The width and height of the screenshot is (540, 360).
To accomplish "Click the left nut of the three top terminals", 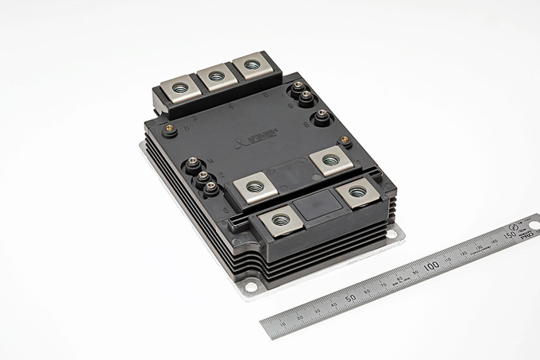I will coord(179,87).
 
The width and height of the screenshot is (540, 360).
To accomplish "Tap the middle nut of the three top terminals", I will coord(215,77).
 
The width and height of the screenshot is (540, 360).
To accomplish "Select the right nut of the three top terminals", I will coord(251,65).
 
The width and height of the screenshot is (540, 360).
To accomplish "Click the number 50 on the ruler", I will coord(350,298).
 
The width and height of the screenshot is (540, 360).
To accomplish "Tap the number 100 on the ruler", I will coord(431,265).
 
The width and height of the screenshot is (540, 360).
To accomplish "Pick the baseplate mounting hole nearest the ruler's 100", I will coord(395,233).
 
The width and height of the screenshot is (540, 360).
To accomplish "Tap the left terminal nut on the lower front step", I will coord(280,220).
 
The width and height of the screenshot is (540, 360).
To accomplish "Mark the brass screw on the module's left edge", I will coord(168,126).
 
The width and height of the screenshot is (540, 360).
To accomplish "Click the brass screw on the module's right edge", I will coord(345,141).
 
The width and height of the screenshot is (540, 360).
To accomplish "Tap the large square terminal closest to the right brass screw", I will coord(328,160).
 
